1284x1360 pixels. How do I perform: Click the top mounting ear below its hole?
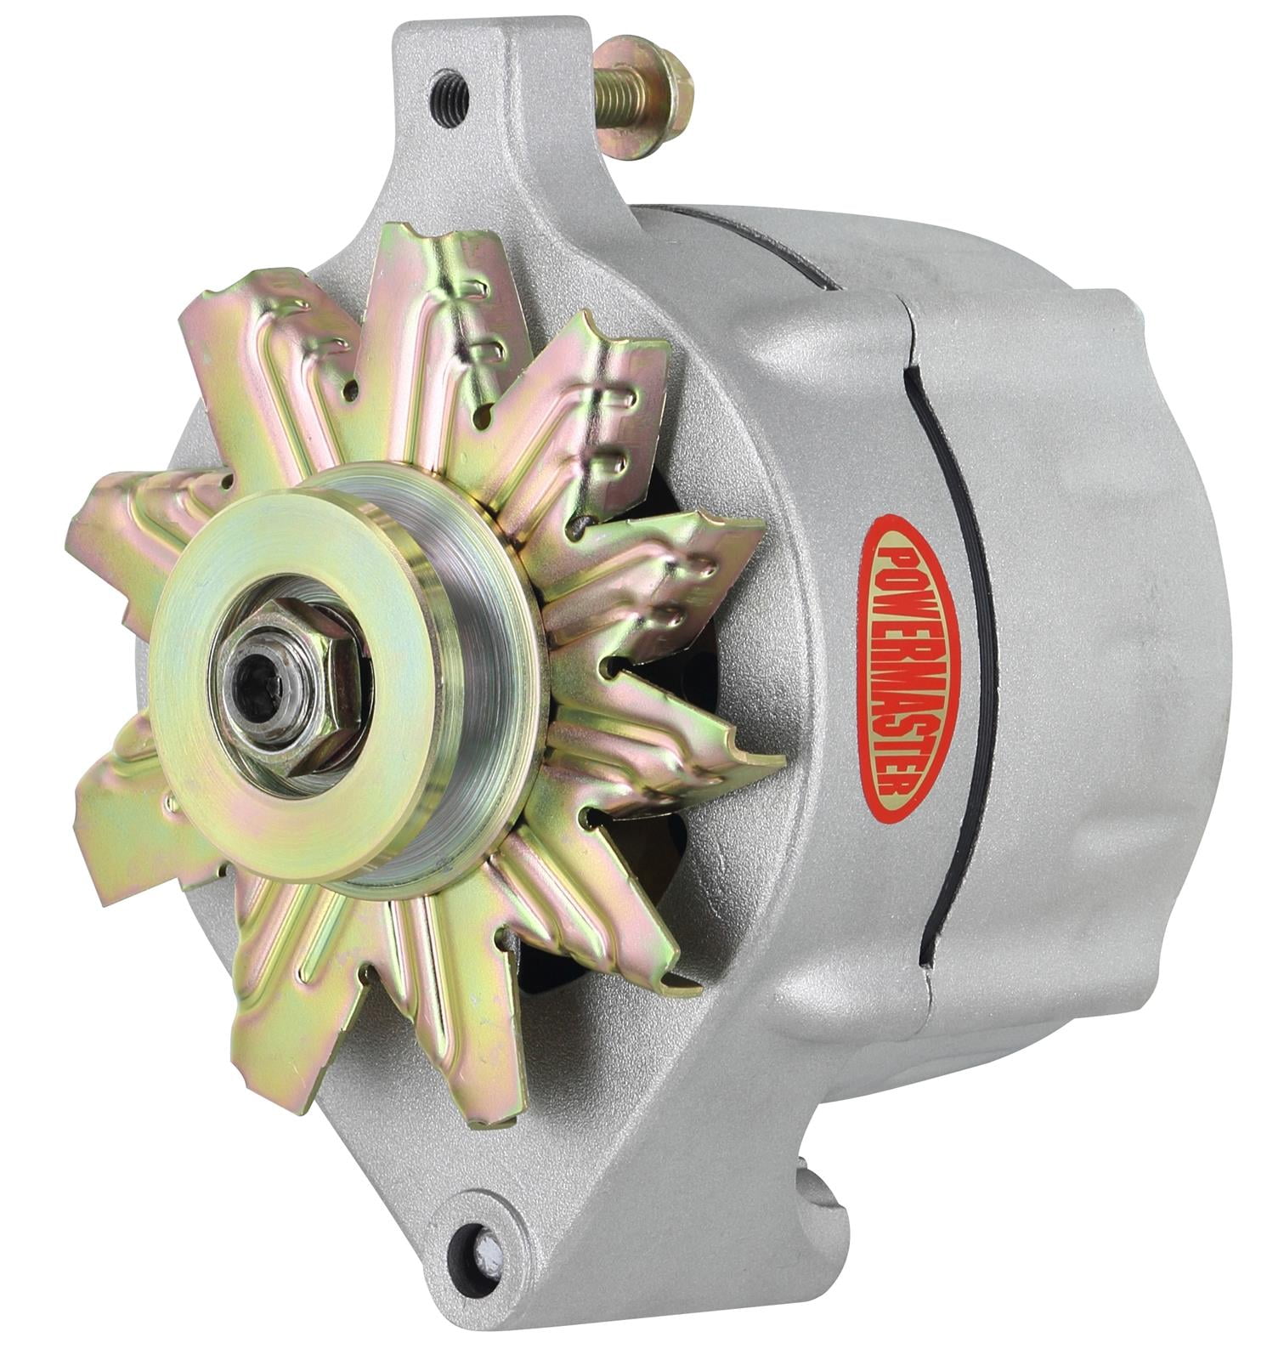click(x=459, y=170)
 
